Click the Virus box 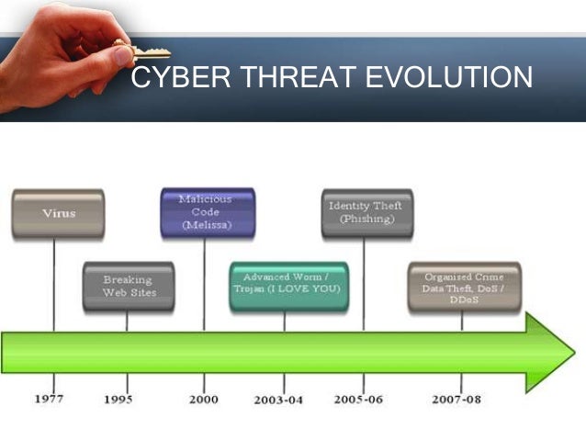(57, 214)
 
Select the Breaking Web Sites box (129, 286)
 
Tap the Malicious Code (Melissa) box (207, 212)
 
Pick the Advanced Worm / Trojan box (287, 285)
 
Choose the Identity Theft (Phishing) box (366, 213)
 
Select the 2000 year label (204, 400)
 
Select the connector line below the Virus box (54, 285)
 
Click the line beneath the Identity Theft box (364, 285)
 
